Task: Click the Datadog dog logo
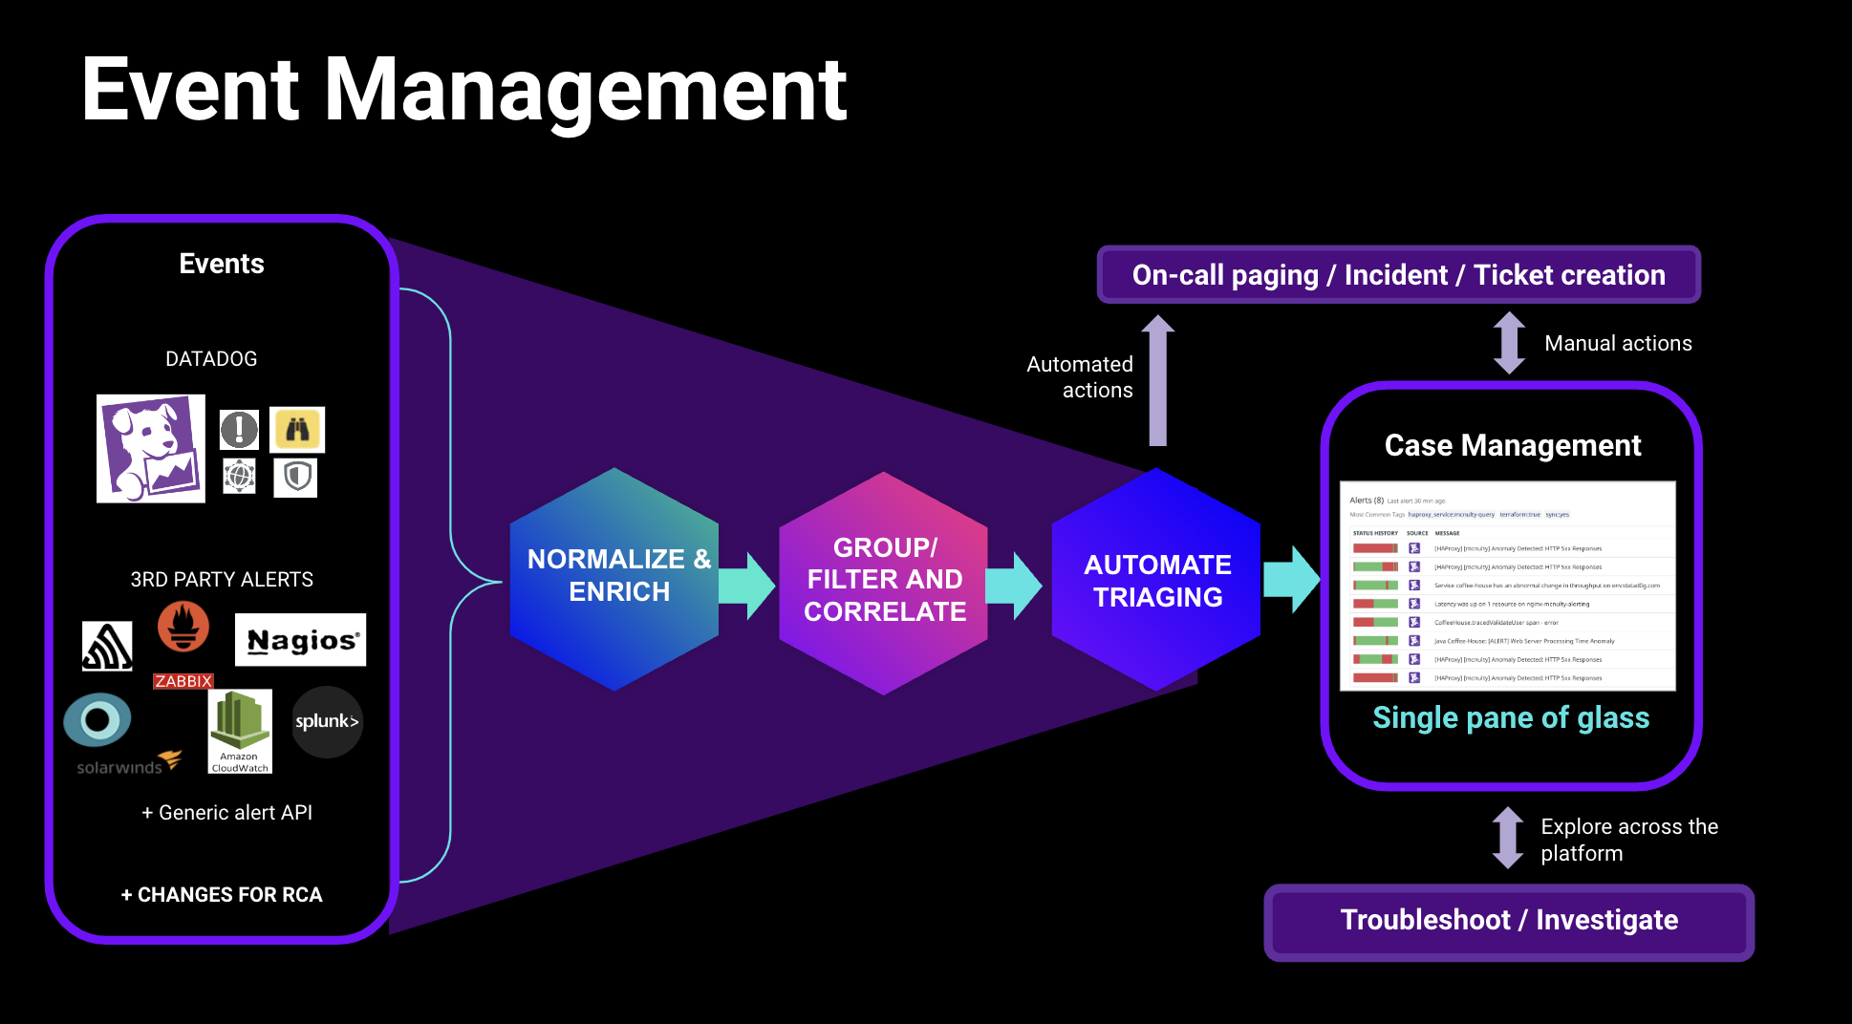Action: click(x=151, y=448)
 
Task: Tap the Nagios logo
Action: click(x=301, y=640)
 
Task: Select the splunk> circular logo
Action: click(x=327, y=722)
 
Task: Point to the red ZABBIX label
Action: click(x=183, y=681)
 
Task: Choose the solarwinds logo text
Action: click(x=119, y=768)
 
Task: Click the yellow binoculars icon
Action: click(x=297, y=430)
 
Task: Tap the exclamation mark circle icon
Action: click(x=239, y=430)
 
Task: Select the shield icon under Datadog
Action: click(x=296, y=477)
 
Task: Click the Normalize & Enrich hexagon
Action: click(x=614, y=578)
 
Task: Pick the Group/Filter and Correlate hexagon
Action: click(x=884, y=581)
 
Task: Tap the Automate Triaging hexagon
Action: click(x=1156, y=580)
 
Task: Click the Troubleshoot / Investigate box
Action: click(x=1508, y=921)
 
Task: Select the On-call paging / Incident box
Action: click(x=1398, y=275)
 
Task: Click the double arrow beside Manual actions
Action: click(x=1509, y=343)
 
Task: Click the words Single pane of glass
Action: click(x=1511, y=717)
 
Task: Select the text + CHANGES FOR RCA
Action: click(x=222, y=895)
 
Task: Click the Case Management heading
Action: click(x=1512, y=445)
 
